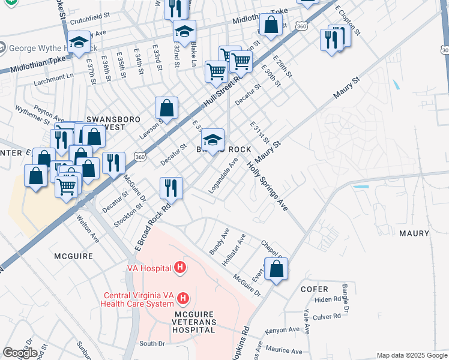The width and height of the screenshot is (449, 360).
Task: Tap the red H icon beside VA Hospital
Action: pyautogui.click(x=179, y=268)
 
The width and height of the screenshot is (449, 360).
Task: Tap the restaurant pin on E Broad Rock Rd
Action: pyautogui.click(x=171, y=188)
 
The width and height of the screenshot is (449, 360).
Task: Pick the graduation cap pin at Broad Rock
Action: pyautogui.click(x=212, y=140)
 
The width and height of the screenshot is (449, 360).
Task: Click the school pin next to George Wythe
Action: pyautogui.click(x=79, y=42)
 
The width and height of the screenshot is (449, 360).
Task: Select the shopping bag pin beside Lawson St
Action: pyautogui.click(x=167, y=108)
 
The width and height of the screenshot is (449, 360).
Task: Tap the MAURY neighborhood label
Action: pyautogui.click(x=413, y=233)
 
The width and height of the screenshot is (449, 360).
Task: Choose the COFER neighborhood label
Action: pyautogui.click(x=315, y=289)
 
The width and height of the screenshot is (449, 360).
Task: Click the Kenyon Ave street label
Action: pyautogui.click(x=285, y=330)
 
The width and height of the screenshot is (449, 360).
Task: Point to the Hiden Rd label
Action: pyautogui.click(x=327, y=299)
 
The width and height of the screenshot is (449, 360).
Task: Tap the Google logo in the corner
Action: pyautogui.click(x=20, y=353)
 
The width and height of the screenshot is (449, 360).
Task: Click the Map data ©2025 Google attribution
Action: pyautogui.click(x=411, y=355)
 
